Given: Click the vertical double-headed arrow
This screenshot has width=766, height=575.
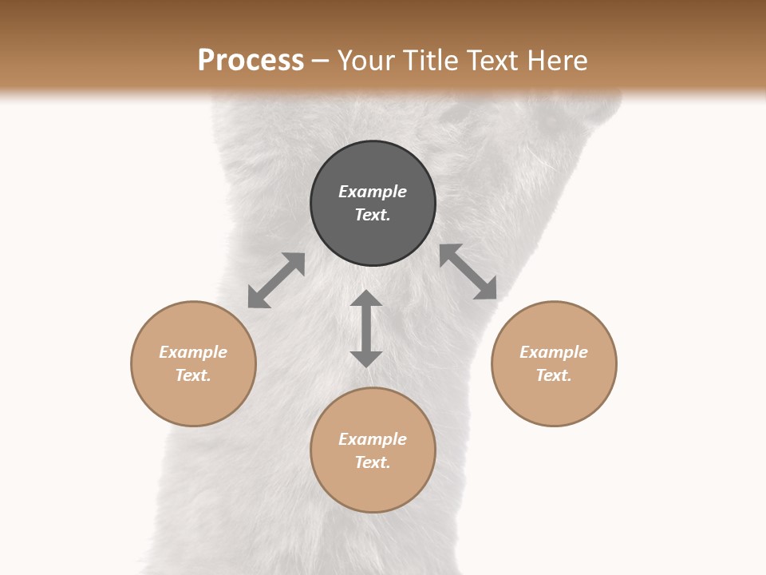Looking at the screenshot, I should pyautogui.click(x=366, y=328).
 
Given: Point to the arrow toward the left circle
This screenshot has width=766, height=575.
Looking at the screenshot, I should pyautogui.click(x=276, y=280).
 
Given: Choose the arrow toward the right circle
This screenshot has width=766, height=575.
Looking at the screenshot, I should pyautogui.click(x=468, y=272).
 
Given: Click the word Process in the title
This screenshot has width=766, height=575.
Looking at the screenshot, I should pyautogui.click(x=251, y=61).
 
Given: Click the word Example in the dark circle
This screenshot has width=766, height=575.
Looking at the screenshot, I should pyautogui.click(x=373, y=192).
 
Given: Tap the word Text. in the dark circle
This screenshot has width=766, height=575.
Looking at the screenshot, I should pyautogui.click(x=373, y=215).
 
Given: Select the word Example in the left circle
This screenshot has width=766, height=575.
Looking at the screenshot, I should pyautogui.click(x=193, y=352).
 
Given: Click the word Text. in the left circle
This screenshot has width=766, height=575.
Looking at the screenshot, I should pyautogui.click(x=193, y=375).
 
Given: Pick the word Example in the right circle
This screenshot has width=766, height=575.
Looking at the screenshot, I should pyautogui.click(x=554, y=352).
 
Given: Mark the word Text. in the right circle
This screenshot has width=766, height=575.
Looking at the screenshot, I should pyautogui.click(x=554, y=375).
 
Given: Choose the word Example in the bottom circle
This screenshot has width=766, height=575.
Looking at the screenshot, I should pyautogui.click(x=373, y=439).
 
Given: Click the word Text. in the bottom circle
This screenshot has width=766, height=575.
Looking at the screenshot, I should pyautogui.click(x=373, y=462).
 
